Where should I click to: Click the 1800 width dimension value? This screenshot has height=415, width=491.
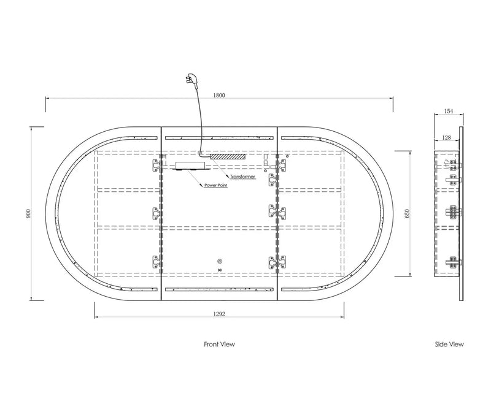point(219,95)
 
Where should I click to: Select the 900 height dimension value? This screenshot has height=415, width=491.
point(28,213)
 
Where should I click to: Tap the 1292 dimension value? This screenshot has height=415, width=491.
point(219,314)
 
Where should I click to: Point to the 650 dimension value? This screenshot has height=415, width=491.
point(407,213)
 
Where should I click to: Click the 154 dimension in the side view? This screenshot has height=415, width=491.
point(449,111)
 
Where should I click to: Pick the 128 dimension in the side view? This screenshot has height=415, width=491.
point(447,137)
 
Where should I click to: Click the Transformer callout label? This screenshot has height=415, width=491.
point(242,177)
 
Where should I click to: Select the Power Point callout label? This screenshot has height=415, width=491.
point(216,186)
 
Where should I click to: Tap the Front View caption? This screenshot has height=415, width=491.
point(219,345)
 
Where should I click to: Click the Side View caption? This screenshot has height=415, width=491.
point(449,345)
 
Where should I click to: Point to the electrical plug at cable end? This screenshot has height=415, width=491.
point(191,79)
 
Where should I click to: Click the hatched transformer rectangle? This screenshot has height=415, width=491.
point(227,156)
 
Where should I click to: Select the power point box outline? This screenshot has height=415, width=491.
point(190,166)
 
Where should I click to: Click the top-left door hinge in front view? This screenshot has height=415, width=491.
point(157,165)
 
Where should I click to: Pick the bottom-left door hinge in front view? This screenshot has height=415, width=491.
point(157,262)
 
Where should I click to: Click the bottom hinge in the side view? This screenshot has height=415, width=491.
point(453,262)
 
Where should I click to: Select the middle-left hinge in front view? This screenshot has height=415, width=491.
point(157,213)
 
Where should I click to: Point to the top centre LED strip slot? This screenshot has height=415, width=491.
point(219,137)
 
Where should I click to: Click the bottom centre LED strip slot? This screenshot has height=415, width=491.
point(219,289)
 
